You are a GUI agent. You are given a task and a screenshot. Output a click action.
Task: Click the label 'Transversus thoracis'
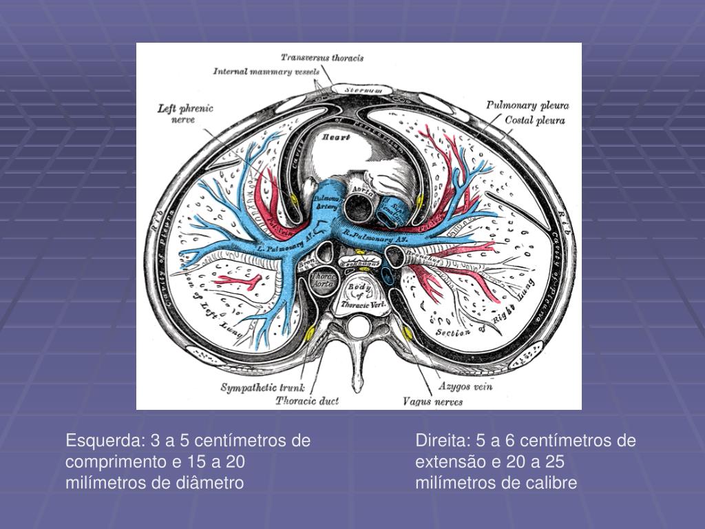(322, 58)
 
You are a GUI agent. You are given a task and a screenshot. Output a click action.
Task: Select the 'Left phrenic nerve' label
(185, 114)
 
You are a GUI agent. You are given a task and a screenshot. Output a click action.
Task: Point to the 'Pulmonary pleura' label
(527, 105)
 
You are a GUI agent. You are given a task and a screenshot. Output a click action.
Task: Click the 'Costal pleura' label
(535, 120)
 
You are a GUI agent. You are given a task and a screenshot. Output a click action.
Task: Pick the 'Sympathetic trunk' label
(262, 388)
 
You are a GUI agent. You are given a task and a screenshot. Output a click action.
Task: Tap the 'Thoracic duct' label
(307, 400)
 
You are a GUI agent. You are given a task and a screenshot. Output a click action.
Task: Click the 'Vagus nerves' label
(432, 401)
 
